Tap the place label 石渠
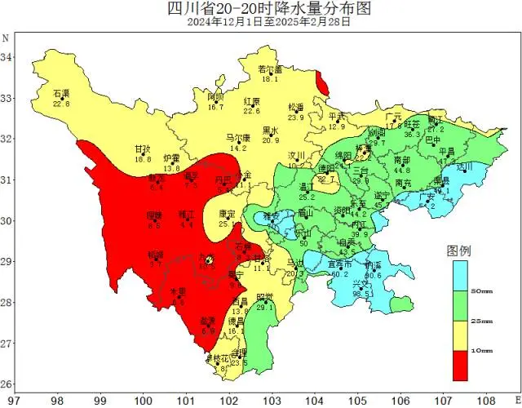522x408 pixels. (61, 94)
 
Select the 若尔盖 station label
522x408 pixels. (269, 69)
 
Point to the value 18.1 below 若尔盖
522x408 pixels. (270, 79)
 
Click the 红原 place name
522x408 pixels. (251, 101)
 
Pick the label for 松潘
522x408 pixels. (295, 107)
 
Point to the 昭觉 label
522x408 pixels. (264, 296)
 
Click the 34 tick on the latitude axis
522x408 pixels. (7, 57)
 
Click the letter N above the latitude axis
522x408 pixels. (6, 38)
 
